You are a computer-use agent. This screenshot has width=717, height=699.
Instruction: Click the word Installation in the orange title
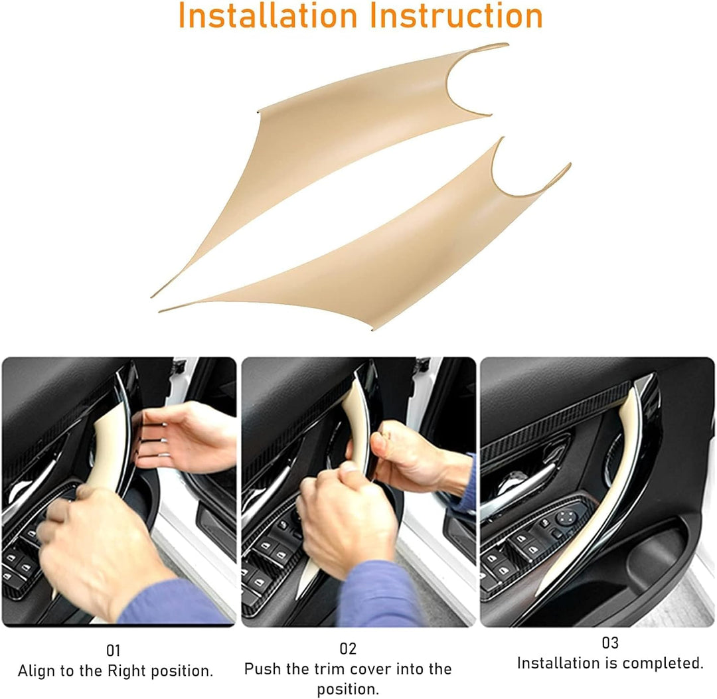tap(268, 15)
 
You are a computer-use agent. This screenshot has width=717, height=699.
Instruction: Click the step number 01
tap(113, 650)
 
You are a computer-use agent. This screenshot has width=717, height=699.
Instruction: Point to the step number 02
tap(347, 649)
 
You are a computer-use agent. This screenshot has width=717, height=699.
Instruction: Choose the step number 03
tap(610, 643)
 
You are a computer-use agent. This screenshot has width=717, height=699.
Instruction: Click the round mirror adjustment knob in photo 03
tap(565, 518)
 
